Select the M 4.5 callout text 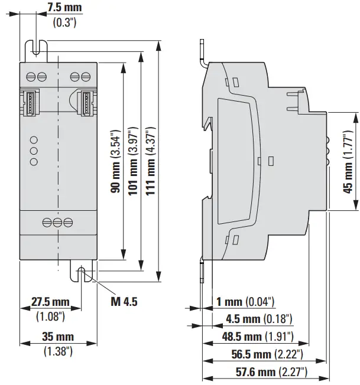124,302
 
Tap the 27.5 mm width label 50,302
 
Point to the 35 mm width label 58,337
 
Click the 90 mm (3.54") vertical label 116,161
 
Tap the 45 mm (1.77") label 349,161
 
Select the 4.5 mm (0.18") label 259,319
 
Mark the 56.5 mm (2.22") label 267,354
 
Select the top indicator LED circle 34,141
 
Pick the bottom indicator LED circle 34,162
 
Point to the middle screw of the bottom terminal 58,222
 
